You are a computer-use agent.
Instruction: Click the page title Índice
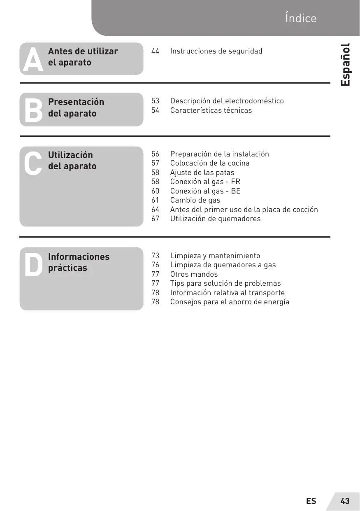(x=300, y=19)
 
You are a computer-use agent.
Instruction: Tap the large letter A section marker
(x=33, y=59)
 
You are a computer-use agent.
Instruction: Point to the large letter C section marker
(x=33, y=163)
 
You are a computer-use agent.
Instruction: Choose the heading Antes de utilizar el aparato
(x=83, y=57)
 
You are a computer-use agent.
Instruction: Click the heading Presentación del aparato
(x=76, y=107)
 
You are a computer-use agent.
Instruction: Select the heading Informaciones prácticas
(x=79, y=262)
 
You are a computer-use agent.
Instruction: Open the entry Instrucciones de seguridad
(x=216, y=51)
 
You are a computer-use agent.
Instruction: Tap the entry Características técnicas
(x=211, y=110)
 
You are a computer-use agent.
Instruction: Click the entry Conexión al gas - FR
(x=205, y=182)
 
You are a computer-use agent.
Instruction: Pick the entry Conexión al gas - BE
(x=205, y=191)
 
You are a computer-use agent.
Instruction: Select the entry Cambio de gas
(x=195, y=200)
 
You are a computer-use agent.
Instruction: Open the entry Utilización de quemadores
(x=215, y=219)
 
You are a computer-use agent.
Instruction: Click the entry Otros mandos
(x=194, y=274)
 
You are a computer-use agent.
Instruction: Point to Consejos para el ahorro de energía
(x=230, y=302)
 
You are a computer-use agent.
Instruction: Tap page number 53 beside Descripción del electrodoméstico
(x=155, y=101)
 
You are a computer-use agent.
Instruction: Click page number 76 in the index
(x=155, y=265)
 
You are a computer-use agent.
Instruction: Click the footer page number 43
(x=345, y=501)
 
